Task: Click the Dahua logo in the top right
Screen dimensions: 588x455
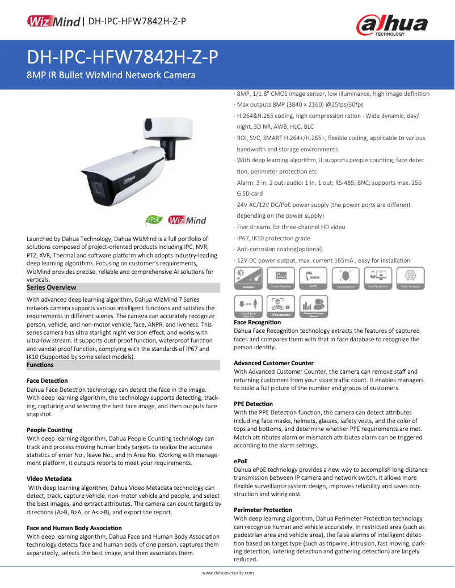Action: (391, 25)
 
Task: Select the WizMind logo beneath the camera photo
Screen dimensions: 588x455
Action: (187, 220)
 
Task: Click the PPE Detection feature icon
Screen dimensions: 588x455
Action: (280, 306)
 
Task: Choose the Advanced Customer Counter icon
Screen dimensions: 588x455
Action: (313, 306)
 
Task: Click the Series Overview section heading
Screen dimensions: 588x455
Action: (52, 287)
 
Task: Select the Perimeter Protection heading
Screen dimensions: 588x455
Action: (263, 510)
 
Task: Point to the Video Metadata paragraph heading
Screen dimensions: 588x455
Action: (49, 479)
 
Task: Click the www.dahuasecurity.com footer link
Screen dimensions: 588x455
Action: (227, 573)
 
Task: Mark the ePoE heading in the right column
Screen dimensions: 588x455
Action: (241, 462)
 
